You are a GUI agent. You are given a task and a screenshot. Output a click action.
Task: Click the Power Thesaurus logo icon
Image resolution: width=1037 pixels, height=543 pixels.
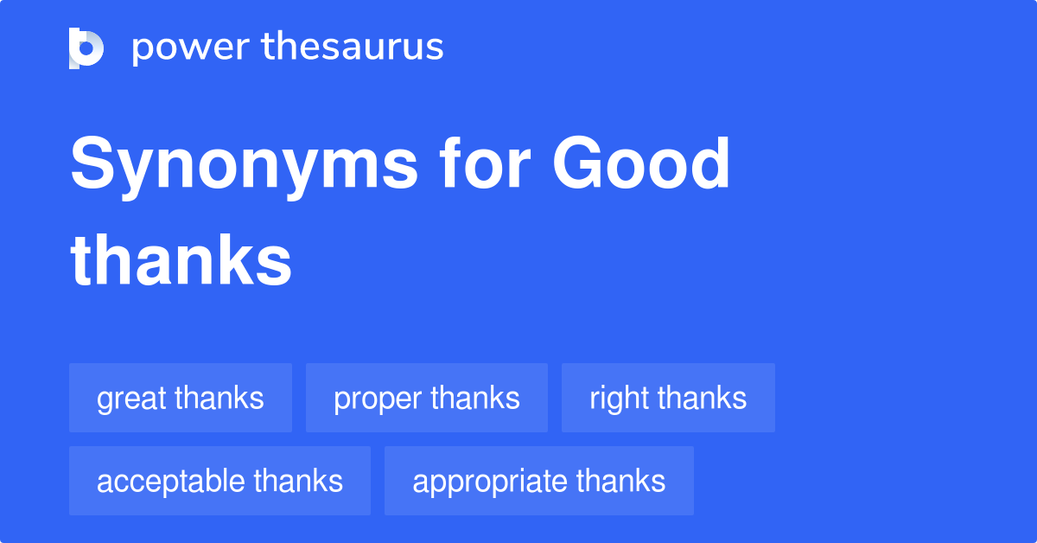(x=86, y=48)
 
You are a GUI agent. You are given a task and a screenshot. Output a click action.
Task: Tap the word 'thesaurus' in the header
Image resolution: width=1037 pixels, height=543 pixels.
(x=353, y=48)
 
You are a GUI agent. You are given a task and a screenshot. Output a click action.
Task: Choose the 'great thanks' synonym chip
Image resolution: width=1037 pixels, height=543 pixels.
(x=181, y=398)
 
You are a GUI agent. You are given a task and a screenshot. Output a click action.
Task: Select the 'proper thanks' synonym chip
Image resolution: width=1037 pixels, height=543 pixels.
(x=427, y=398)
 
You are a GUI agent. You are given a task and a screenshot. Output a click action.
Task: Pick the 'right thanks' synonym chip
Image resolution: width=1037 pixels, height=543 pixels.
(x=668, y=398)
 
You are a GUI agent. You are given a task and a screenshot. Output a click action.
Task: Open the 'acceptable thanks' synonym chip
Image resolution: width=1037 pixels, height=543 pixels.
(x=219, y=481)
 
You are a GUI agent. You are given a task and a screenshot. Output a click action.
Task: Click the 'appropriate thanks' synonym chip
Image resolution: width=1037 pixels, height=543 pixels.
(x=539, y=481)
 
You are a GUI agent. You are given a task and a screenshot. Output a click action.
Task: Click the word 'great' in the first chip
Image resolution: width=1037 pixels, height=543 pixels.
(x=132, y=399)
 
